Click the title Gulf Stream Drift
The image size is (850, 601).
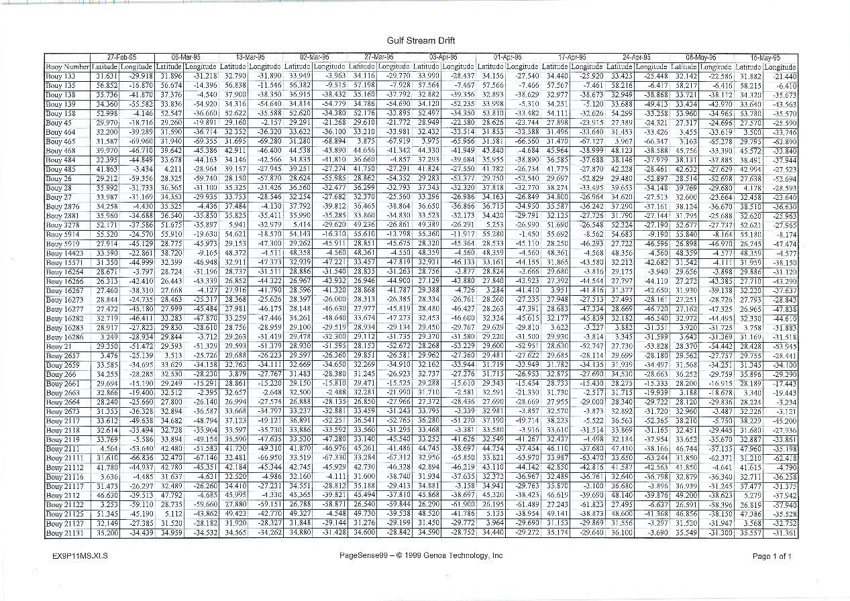tap(421, 40)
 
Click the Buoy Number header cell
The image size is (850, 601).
tap(66, 66)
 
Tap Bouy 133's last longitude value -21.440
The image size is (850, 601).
tap(784, 76)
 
